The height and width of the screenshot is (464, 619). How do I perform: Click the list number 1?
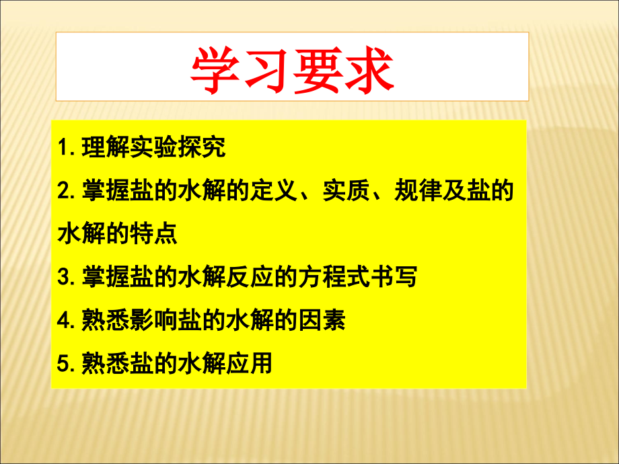[64, 148]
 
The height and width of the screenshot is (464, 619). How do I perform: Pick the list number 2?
[64, 191]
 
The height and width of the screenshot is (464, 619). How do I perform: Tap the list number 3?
[64, 277]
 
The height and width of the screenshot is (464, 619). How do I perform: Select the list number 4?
[64, 320]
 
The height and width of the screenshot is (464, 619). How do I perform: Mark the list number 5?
[64, 364]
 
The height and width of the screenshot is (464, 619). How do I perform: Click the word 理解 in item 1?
[104, 147]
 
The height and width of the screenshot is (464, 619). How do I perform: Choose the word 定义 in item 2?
[274, 191]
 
